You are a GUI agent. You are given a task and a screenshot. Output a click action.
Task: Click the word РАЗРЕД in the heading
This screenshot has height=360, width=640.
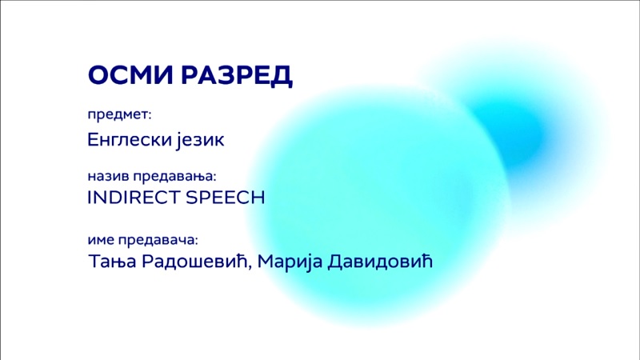point(237,76)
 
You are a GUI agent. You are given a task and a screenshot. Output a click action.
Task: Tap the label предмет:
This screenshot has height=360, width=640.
point(119,115)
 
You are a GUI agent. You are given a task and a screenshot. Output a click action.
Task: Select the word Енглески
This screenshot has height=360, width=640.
point(130,139)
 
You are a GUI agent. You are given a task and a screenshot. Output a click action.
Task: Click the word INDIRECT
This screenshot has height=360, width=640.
point(134,198)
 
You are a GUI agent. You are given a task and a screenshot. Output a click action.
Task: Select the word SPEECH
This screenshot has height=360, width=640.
point(226,198)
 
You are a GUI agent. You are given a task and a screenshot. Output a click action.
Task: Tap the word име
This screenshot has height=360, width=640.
point(101,240)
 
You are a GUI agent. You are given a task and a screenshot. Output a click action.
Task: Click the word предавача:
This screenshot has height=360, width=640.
point(158,240)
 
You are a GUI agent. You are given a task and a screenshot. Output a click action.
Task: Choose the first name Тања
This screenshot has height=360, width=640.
point(112,262)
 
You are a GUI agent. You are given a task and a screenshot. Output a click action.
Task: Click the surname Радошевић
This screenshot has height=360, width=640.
point(194,262)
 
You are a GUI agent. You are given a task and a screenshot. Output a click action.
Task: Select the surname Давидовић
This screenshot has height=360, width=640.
point(380,262)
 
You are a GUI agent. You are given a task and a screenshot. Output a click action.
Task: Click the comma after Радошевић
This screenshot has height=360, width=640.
point(250,268)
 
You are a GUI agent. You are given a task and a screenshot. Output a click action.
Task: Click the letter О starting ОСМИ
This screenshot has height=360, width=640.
point(99,75)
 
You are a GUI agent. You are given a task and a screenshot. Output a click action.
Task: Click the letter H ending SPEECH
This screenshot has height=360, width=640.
point(258,198)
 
